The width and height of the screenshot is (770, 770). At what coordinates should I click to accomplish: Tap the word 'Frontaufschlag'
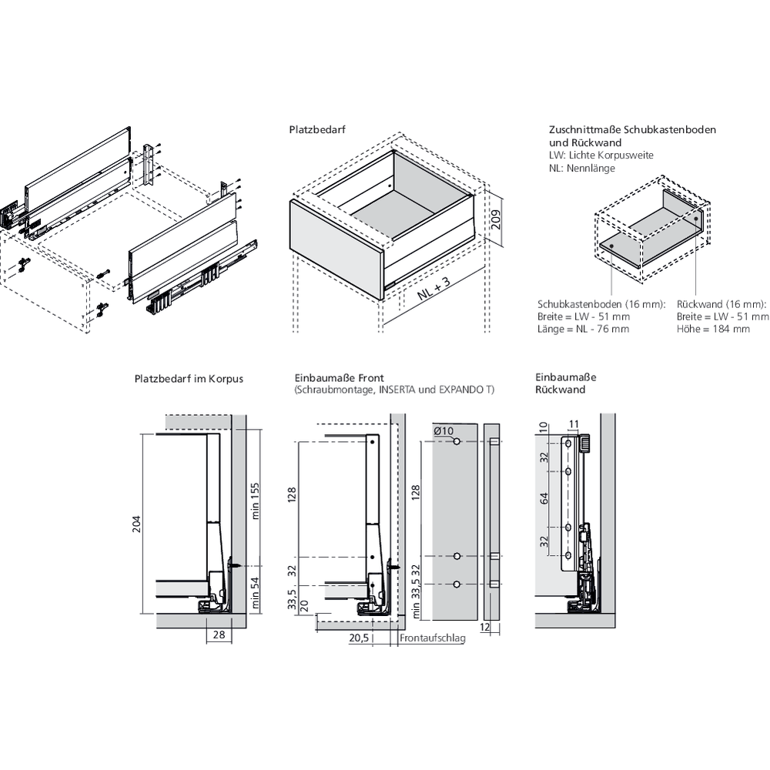(433, 638)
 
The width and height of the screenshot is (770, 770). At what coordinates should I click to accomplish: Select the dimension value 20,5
(359, 638)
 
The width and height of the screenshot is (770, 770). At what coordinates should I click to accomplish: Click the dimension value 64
(544, 499)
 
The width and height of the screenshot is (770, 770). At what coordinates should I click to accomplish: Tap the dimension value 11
(574, 423)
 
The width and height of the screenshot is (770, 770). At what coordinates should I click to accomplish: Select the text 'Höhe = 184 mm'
(713, 329)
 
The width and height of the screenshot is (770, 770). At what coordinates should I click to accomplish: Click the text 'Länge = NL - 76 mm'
(583, 329)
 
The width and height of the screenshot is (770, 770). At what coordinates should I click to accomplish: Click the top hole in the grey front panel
(457, 442)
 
